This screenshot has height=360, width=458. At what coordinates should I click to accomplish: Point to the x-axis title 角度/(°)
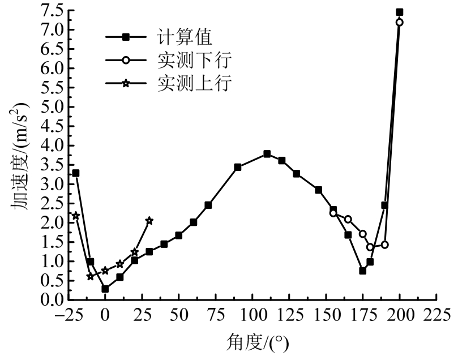click(x=252, y=342)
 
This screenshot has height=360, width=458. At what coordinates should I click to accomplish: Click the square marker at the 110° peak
click(x=267, y=154)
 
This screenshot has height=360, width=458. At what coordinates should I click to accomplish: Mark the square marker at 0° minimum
click(x=105, y=289)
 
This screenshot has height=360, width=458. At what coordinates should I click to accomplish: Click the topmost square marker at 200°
click(x=400, y=12)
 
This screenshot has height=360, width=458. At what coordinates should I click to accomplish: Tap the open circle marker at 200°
click(x=400, y=22)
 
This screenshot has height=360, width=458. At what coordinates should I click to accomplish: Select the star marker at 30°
click(x=149, y=221)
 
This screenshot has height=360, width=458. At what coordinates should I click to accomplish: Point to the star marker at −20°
click(x=76, y=216)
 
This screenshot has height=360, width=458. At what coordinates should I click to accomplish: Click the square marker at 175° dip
click(x=363, y=271)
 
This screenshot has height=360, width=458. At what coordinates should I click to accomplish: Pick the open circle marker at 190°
click(x=385, y=245)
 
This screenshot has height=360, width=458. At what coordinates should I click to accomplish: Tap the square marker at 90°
click(x=238, y=167)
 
